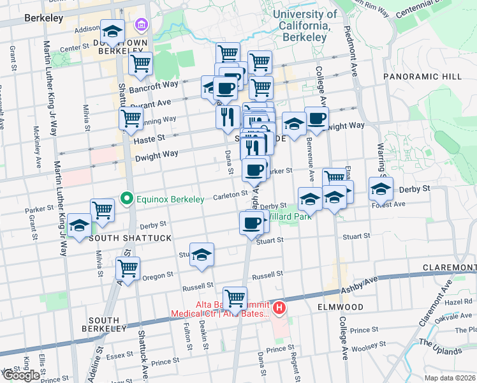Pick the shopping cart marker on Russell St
pos(235,297)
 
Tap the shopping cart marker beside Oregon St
pos(128,268)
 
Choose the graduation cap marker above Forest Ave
pos(381,190)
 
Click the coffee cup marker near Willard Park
pos(251,223)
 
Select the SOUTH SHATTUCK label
pos(130,238)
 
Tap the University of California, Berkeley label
pos(305,26)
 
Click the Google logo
pos(21,375)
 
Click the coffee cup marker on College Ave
pos(316,118)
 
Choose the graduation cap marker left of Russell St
pos(202,255)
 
